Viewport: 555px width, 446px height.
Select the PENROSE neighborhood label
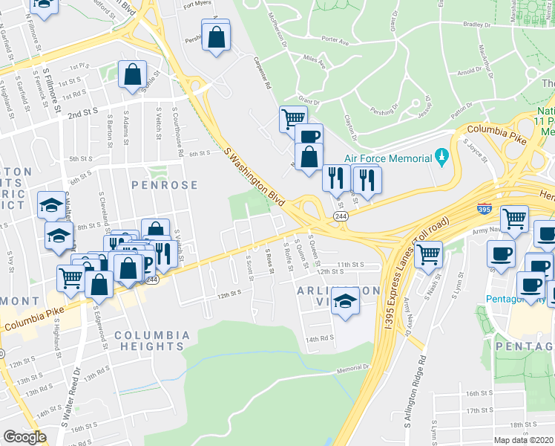pyautogui.click(x=165, y=184)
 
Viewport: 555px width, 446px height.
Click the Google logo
pyautogui.click(x=24, y=437)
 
